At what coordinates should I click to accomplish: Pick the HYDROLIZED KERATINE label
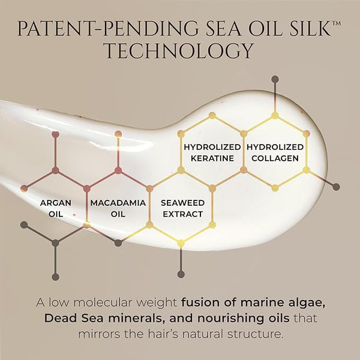212,152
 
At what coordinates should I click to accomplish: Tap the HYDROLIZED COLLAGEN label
275,152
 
